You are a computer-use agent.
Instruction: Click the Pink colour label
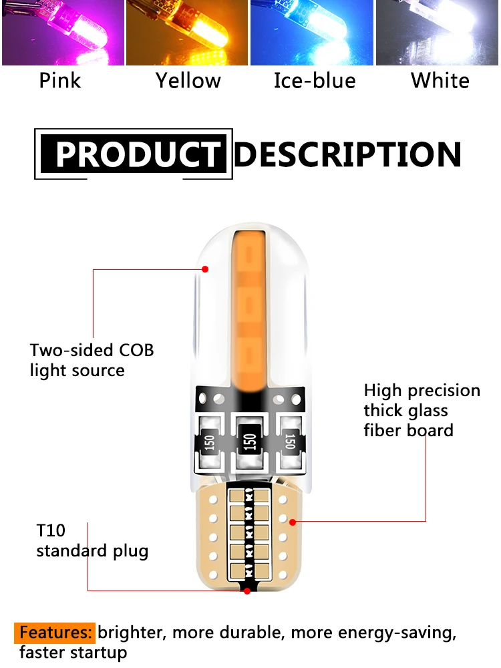point(60,81)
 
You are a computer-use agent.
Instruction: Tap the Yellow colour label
point(188,81)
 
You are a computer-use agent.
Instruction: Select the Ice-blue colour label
point(315,81)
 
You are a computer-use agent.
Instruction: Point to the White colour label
point(440,81)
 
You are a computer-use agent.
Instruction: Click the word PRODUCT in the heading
point(137,154)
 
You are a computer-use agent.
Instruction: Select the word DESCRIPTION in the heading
point(348,154)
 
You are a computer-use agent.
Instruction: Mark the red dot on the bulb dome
point(205,269)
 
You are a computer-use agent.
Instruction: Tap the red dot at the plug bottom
point(247,591)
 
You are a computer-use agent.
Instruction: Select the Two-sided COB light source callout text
point(92,360)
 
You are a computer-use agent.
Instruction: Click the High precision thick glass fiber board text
point(422,410)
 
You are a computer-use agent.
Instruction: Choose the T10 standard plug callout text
point(92,541)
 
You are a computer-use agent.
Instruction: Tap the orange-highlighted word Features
point(55,632)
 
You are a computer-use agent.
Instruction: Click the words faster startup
point(73,653)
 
